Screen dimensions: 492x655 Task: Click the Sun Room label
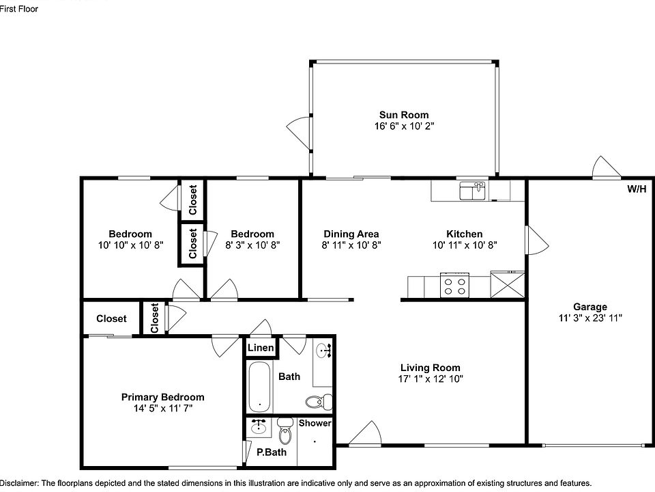coord(404,115)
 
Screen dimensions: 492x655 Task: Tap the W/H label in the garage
coord(636,189)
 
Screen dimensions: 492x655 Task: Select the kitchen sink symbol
coord(471,191)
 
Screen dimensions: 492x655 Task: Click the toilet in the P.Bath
coord(285,431)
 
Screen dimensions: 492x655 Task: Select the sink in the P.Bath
coord(259,427)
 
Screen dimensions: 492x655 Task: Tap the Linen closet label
coord(261,348)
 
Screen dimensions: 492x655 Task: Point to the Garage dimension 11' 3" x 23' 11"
coord(589,318)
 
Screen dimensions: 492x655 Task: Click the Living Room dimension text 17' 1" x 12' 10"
coord(429,379)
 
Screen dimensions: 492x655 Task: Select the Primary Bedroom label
coord(162,397)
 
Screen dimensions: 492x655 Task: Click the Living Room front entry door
coord(365,435)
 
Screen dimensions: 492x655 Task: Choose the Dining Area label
coord(351,234)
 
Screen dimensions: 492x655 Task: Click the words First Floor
coord(20,9)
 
